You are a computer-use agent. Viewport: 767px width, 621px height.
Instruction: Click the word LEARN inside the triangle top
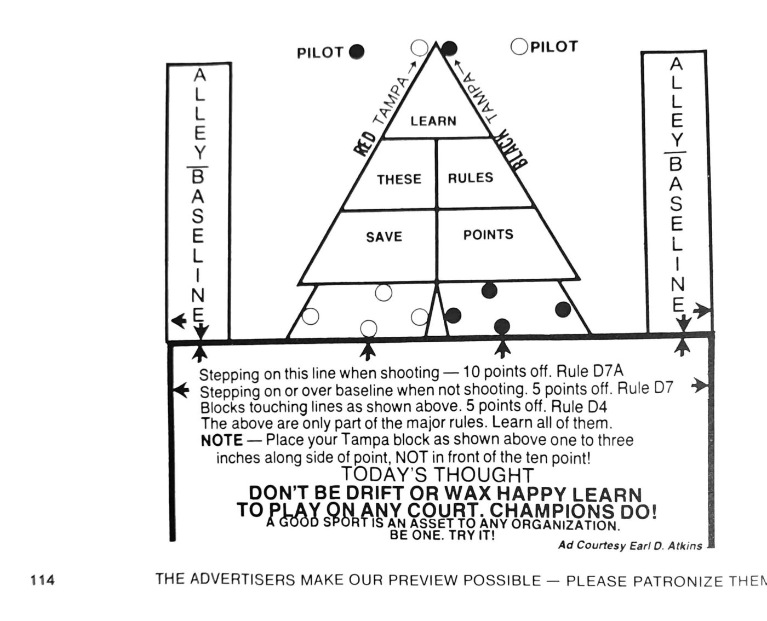point(433,121)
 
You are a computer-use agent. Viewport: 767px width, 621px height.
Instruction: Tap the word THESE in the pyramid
point(399,179)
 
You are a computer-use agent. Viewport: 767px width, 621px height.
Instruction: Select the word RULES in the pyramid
point(470,178)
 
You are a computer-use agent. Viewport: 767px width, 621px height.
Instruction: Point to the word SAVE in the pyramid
point(384,237)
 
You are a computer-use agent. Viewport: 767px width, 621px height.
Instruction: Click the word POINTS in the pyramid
point(488,235)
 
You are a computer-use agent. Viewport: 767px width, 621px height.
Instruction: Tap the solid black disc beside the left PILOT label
point(357,52)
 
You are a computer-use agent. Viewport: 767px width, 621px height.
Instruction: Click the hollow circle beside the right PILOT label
point(519,47)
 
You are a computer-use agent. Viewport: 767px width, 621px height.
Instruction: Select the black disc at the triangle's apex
point(449,48)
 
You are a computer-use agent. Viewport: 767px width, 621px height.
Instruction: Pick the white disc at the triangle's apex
point(420,48)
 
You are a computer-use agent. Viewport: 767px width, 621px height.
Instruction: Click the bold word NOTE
point(221,440)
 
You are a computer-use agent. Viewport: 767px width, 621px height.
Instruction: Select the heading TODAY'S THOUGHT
point(438,475)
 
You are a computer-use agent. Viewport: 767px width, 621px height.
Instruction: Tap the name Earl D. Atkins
point(666,546)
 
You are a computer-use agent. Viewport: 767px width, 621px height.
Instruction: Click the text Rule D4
point(579,406)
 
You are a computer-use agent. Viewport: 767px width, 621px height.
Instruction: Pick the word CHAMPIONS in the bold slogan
point(551,510)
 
